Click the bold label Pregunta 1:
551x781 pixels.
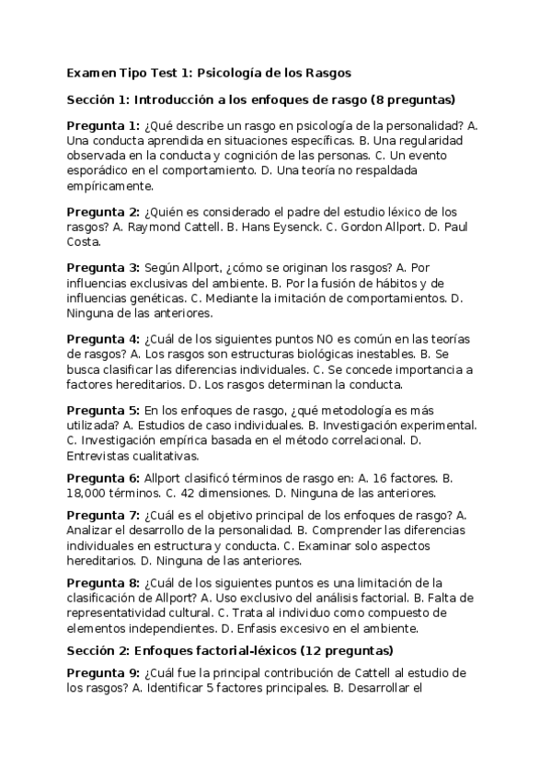103,124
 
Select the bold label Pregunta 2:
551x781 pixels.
103,212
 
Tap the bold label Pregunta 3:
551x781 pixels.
103,267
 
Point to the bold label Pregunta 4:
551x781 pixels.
103,339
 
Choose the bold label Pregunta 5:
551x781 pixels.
103,410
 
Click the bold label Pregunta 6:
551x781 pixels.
103,478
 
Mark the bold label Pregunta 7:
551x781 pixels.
103,515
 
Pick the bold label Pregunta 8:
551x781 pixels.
103,583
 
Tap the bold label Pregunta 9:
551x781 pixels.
103,672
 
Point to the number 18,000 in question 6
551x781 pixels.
89,494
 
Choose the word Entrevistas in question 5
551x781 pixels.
99,455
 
